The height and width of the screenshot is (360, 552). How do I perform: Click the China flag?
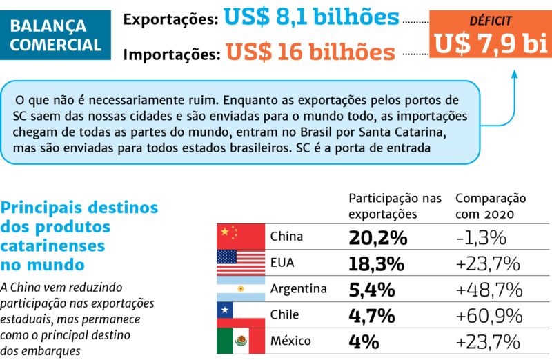tap(241, 237)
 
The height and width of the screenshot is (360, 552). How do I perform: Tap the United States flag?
tap(241, 263)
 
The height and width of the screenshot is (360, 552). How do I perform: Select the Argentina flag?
tap(241, 289)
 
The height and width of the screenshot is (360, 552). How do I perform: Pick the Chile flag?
tap(241, 314)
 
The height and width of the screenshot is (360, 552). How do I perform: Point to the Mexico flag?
tap(241, 341)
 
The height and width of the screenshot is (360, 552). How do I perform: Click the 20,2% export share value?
tap(377, 238)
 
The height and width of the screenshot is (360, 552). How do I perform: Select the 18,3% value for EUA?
tap(377, 263)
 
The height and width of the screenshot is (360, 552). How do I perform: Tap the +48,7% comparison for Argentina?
tap(488, 290)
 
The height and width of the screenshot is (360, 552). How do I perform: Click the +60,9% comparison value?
tap(488, 316)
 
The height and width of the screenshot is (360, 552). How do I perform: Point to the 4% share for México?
tap(364, 341)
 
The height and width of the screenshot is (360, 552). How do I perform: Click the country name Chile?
tap(285, 315)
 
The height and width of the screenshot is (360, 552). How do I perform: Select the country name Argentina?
tap(299, 289)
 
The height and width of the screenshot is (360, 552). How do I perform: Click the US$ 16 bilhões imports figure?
tap(310, 52)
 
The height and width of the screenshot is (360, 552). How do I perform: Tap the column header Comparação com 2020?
tap(491, 206)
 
